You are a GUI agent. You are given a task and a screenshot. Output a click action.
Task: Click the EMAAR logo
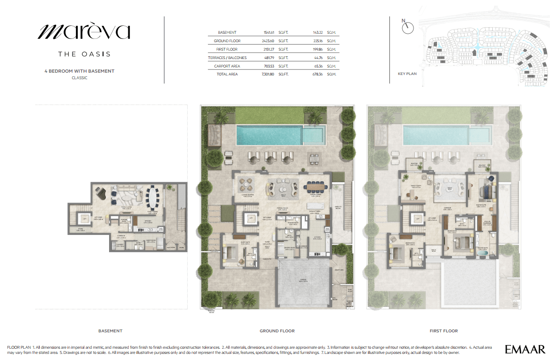point(525,349)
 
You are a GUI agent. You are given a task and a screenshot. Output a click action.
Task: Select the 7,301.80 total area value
point(266,74)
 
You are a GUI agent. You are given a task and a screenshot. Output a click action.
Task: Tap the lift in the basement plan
point(84,218)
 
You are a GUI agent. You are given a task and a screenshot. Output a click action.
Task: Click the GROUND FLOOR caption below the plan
point(277,331)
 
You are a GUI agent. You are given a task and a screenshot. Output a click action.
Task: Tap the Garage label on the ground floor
point(304,280)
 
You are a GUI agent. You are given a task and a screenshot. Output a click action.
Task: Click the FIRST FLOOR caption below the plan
point(444,331)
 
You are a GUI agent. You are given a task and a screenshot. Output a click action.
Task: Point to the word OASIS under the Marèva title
point(96,54)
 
